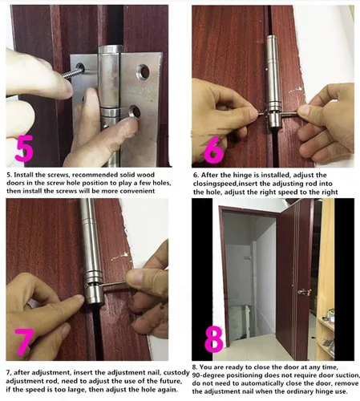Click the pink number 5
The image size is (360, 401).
pyautogui.click(x=24, y=148)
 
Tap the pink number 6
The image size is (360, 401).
pyautogui.click(x=213, y=150)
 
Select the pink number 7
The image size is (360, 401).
pyautogui.click(x=24, y=342)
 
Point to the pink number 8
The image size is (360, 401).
pyautogui.click(x=214, y=339)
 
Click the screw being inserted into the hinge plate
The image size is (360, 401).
pyautogui.click(x=74, y=73)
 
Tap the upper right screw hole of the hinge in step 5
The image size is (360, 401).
pyautogui.click(x=144, y=71)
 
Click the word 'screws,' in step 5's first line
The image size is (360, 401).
pyautogui.click(x=58, y=175)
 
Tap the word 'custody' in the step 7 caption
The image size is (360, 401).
pyautogui.click(x=176, y=373)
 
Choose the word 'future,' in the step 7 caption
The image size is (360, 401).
pyautogui.click(x=170, y=381)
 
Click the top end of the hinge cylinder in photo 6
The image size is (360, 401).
pyautogui.click(x=273, y=38)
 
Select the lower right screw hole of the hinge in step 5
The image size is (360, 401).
pyautogui.click(x=135, y=111)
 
